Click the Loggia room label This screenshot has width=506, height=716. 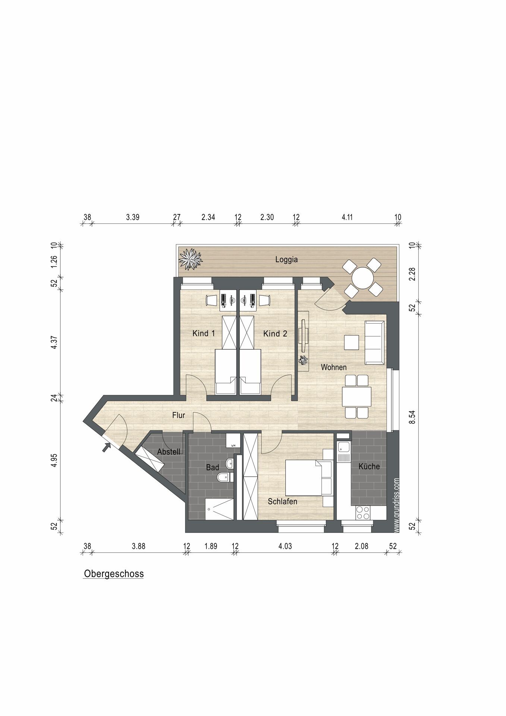point(286,260)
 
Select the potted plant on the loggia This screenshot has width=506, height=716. point(190,258)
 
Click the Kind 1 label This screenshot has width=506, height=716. point(204,333)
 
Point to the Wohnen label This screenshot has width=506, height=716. point(334,367)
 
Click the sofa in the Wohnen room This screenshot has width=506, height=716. point(374,342)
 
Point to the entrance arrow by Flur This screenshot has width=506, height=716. point(107,447)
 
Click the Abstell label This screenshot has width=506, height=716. point(169,452)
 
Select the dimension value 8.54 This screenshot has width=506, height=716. point(412,417)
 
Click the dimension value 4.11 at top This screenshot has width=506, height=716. point(347,217)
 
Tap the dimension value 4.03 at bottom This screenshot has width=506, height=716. point(285,546)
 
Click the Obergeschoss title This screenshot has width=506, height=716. point(114,574)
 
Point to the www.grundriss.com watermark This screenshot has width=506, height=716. point(396,505)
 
